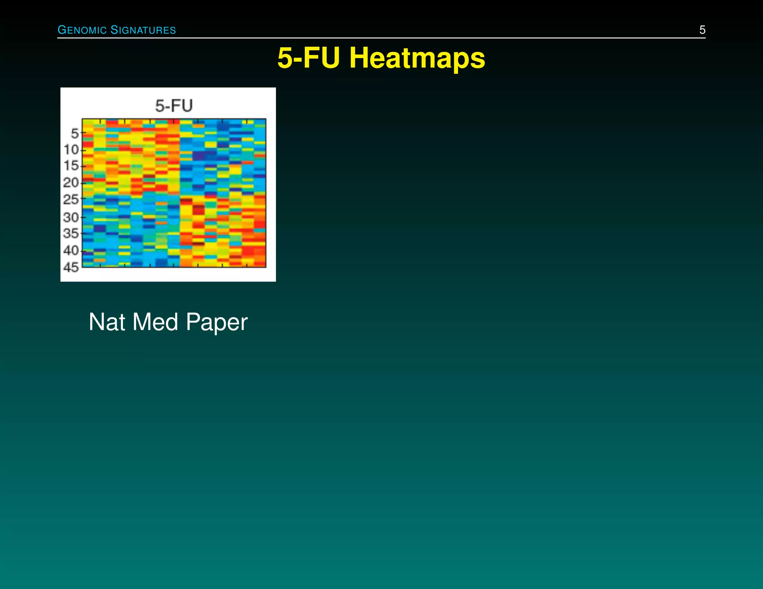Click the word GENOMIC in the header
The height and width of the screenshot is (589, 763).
pyautogui.click(x=82, y=30)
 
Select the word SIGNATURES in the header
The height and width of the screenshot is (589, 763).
pyautogui.click(x=143, y=30)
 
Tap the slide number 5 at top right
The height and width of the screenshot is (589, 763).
pyautogui.click(x=702, y=30)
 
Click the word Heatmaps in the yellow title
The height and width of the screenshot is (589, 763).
pyautogui.click(x=417, y=58)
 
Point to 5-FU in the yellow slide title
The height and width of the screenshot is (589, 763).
pyautogui.click(x=308, y=58)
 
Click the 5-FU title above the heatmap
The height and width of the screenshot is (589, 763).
pyautogui.click(x=174, y=106)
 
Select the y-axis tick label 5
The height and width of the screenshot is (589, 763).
pyautogui.click(x=75, y=133)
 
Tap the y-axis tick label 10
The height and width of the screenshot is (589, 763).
pyautogui.click(x=71, y=150)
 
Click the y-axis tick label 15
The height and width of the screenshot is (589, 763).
pyautogui.click(x=71, y=166)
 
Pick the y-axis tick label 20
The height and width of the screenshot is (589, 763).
pyautogui.click(x=71, y=182)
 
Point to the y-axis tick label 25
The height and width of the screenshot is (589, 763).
pyautogui.click(x=71, y=200)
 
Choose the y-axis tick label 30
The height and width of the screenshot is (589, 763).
pyautogui.click(x=71, y=217)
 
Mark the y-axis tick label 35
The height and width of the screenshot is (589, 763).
pyautogui.click(x=71, y=233)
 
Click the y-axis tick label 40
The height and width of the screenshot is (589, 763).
pyautogui.click(x=71, y=250)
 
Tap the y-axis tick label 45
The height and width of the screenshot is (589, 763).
pyautogui.click(x=71, y=267)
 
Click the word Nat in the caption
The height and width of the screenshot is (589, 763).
pyautogui.click(x=107, y=322)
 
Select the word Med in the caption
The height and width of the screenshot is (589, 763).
pyautogui.click(x=155, y=322)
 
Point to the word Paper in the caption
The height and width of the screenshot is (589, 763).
pyautogui.click(x=216, y=323)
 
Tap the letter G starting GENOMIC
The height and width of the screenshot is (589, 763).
pyautogui.click(x=61, y=30)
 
